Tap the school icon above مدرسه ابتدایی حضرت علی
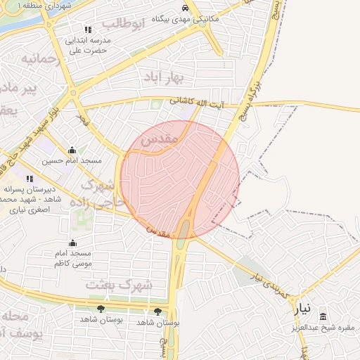coord(88,30)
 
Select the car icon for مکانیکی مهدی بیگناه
coord(185,7)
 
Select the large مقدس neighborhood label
coord(157,141)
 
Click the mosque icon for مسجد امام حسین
coord(72,150)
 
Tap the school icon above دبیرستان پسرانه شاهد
coord(30,179)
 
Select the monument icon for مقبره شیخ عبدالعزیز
coord(324,317)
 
